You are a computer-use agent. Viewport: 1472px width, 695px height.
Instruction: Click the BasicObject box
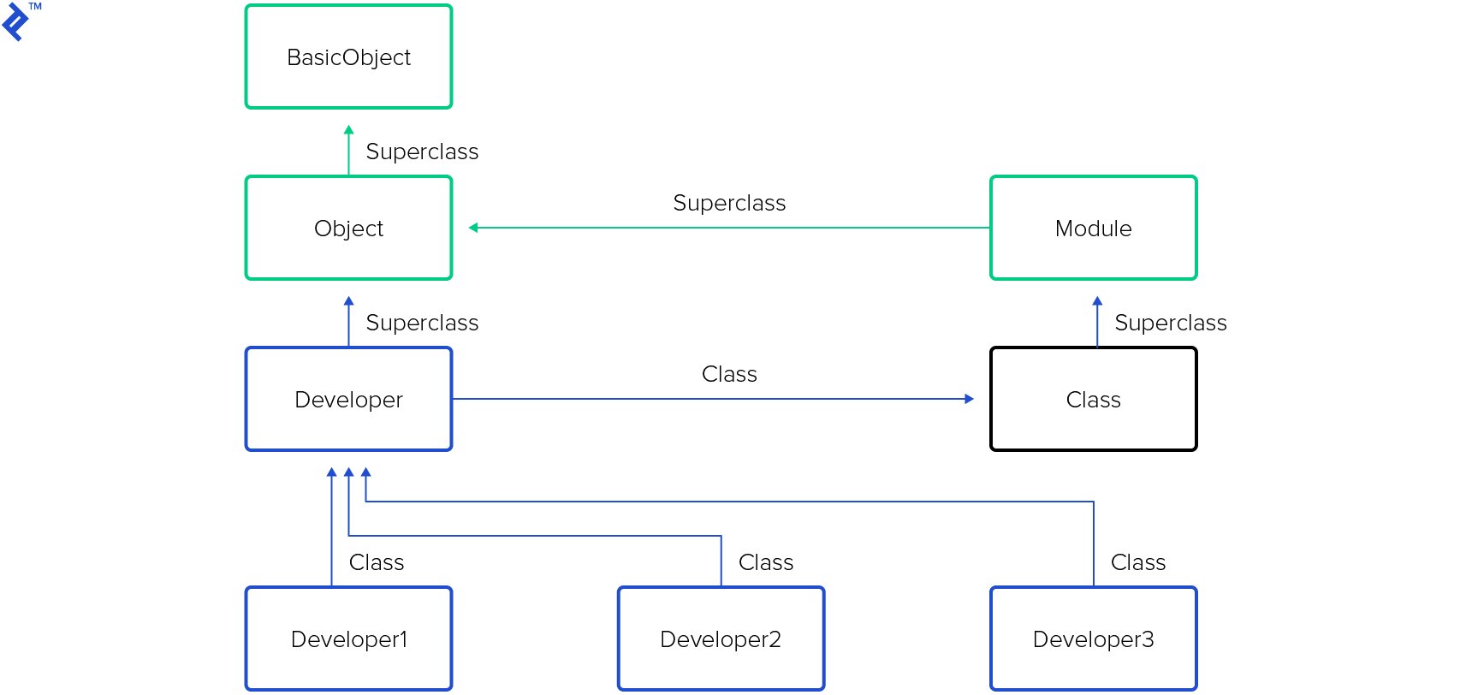(x=348, y=57)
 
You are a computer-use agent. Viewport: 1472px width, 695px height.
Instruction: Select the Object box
(x=348, y=229)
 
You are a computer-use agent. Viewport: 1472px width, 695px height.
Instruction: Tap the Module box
(x=1093, y=229)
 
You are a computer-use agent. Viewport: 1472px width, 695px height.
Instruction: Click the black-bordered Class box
(x=1093, y=400)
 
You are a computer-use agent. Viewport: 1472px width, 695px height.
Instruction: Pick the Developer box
(x=348, y=400)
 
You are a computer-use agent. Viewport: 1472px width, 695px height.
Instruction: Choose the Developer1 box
(x=348, y=639)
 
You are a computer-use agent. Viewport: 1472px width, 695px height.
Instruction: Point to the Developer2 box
(x=721, y=639)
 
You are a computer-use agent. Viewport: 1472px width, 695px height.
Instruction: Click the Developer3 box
(x=1093, y=639)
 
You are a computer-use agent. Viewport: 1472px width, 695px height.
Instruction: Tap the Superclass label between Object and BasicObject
(x=422, y=151)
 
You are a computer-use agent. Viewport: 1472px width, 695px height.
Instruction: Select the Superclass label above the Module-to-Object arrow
(x=729, y=203)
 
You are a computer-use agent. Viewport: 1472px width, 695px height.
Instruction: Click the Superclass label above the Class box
(x=1170, y=323)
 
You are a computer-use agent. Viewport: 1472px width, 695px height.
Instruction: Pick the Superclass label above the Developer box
(x=422, y=323)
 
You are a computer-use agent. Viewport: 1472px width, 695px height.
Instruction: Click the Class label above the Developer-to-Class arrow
(x=729, y=374)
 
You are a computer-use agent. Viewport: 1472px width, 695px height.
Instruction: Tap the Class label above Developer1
(x=377, y=562)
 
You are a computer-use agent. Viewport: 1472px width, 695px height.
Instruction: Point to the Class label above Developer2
(x=766, y=562)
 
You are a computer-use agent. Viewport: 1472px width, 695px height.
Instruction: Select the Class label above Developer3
(x=1138, y=562)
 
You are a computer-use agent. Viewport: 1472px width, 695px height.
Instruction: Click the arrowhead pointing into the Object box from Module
(x=473, y=228)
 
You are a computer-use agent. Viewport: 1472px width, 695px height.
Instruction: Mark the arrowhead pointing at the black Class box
(x=969, y=399)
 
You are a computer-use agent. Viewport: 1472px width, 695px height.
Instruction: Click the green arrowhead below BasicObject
(x=348, y=130)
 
